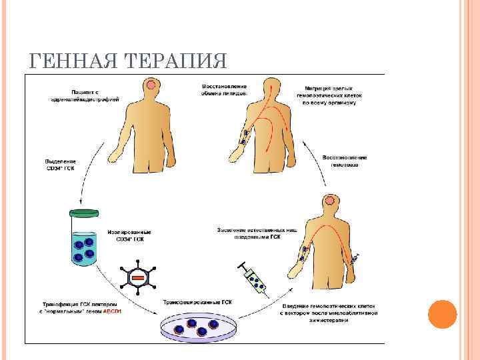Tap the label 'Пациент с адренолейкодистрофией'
(85, 95)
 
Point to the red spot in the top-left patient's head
(153, 85)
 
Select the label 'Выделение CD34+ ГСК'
(61, 165)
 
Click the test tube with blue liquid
(83, 239)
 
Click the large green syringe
(253, 279)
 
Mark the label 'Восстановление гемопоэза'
(345, 161)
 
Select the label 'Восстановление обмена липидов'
(225, 90)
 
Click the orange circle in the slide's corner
(441, 314)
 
